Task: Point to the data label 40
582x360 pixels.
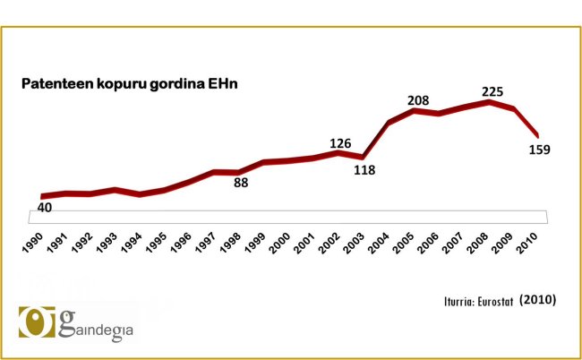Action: click(45, 207)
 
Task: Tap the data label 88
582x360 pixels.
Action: click(240, 183)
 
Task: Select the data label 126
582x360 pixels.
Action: click(339, 142)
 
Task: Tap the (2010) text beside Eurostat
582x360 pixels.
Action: click(537, 298)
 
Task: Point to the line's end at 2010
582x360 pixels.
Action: click(537, 135)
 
